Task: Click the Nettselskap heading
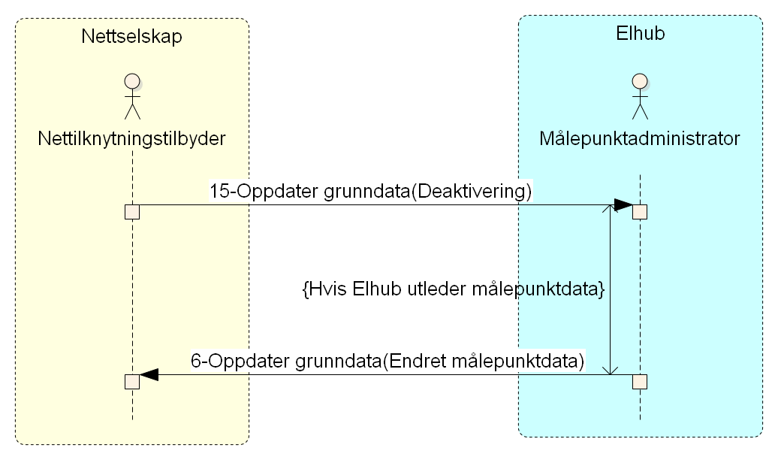tap(131, 37)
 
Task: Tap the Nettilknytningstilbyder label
tap(132, 139)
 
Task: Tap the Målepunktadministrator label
tap(640, 139)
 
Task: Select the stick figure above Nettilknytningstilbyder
tap(132, 96)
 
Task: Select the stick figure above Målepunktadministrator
tap(640, 96)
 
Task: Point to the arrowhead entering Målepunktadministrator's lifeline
tap(623, 205)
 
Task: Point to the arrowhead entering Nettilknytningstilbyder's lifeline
tap(149, 374)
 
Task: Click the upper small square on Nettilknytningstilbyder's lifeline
tap(132, 211)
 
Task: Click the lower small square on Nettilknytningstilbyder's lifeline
tap(132, 381)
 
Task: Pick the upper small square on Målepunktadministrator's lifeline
tap(640, 211)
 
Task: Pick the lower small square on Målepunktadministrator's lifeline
tap(640, 381)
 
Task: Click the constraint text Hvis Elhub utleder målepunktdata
tap(453, 290)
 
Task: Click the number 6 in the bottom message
tap(195, 362)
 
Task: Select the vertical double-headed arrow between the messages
tap(611, 293)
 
